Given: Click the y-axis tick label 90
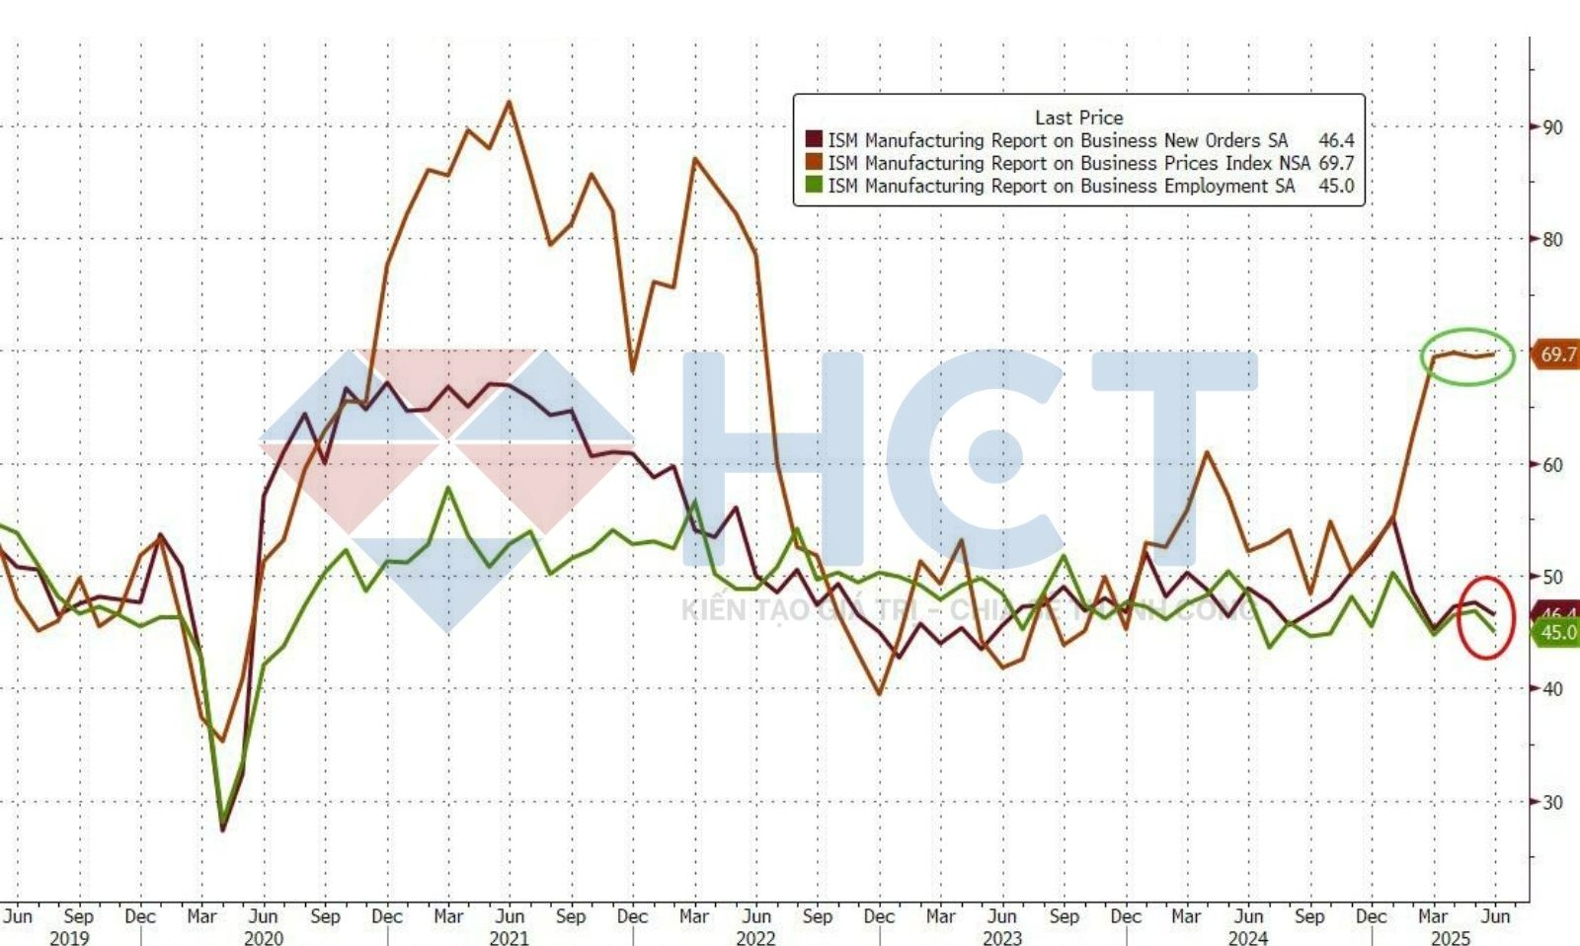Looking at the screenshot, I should pos(1552,127).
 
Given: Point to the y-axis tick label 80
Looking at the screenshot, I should pos(1552,239).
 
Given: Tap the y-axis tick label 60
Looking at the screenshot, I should pos(1552,464).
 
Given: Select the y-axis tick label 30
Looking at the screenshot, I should pos(1552,802).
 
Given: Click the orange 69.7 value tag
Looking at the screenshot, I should pos(1557,355).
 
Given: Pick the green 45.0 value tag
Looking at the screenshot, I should pos(1557,632).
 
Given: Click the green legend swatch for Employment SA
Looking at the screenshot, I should pos(814,186).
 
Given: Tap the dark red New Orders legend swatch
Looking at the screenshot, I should pos(814,140).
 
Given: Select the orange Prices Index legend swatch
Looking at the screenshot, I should pos(814,163).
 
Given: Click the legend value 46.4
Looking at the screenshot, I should pos(1336,140).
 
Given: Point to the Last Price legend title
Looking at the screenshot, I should pos(1078,117).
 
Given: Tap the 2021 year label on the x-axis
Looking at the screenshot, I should pos(510,937).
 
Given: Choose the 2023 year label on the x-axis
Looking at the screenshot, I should pos(1002,937).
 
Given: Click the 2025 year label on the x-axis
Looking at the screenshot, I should pos(1451,937).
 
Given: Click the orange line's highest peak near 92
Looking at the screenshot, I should pos(510,102).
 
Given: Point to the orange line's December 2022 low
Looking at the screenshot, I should pos(879,693).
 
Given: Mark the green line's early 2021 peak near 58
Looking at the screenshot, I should pos(449,488).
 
